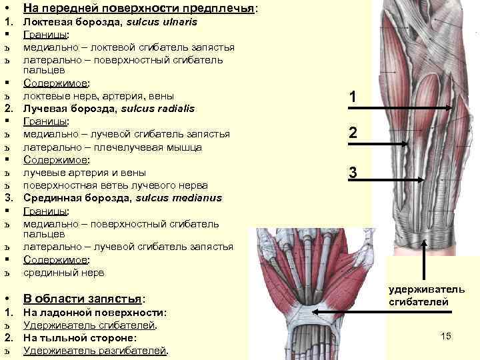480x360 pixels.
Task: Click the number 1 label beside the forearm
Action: coord(354,98)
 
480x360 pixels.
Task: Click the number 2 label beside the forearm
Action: coord(354,134)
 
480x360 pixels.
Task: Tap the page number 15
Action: coord(446,337)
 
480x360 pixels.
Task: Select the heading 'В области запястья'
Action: coord(83,299)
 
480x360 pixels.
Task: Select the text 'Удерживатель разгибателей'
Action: coord(95,350)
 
